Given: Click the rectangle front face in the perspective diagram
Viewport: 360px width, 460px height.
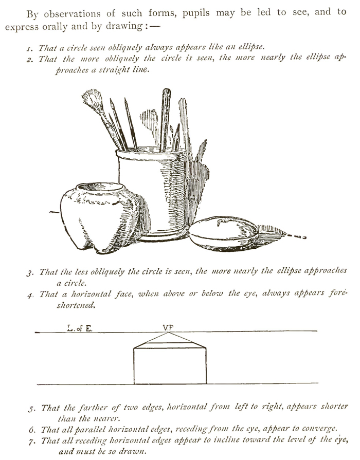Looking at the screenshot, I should point(170,365).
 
